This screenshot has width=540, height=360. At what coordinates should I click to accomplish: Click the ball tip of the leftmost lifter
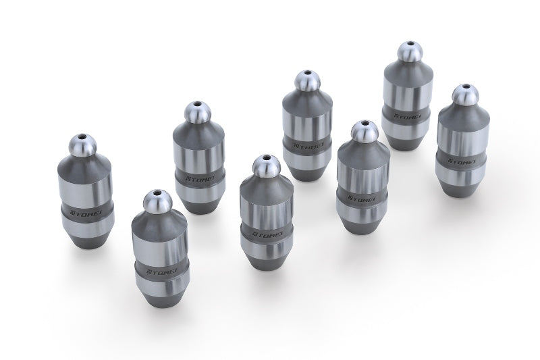83,145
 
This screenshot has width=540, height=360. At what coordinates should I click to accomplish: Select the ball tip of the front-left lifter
153,202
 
